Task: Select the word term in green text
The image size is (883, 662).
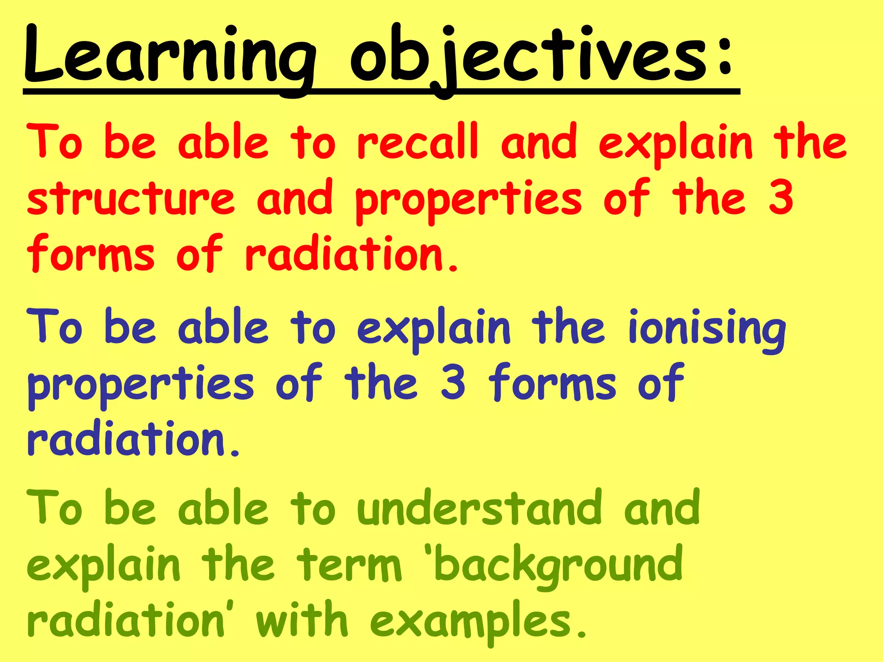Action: click(x=349, y=565)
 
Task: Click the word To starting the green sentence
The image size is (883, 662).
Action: click(x=54, y=509)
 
